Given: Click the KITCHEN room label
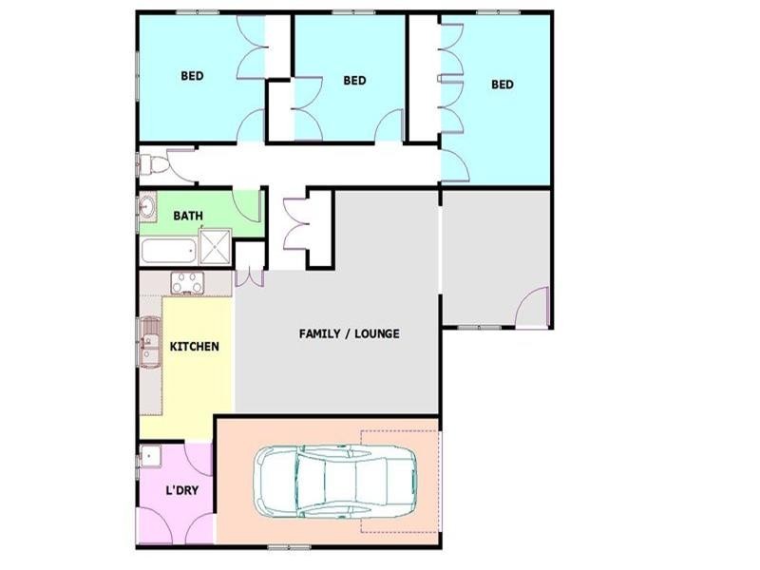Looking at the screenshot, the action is (195, 346).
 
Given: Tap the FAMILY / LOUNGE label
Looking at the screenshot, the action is (349, 333).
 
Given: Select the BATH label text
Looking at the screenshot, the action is (188, 216).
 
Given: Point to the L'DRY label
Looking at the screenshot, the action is (181, 490).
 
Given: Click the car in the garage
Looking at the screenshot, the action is (335, 481).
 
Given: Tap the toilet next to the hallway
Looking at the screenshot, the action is (155, 164).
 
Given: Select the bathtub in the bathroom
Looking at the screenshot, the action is (169, 251).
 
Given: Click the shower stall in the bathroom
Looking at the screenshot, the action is (216, 246).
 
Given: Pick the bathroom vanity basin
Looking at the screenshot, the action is (147, 207).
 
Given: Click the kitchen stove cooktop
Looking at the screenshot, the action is (187, 283).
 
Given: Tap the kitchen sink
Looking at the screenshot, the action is (150, 342).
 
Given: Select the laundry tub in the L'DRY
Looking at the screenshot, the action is (151, 456).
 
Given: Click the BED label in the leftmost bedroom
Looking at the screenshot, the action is (192, 76).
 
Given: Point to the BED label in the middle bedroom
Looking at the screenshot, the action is (354, 80).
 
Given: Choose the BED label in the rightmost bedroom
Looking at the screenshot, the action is (503, 85).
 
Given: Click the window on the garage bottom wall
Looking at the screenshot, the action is (289, 548).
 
